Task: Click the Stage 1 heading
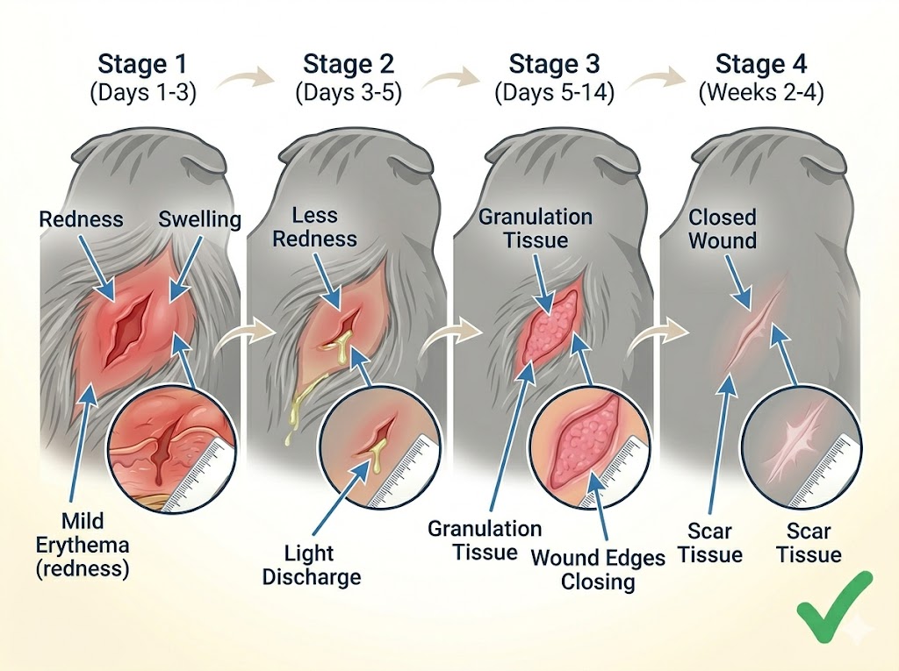tap(143, 64)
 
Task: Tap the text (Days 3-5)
tap(349, 93)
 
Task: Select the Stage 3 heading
tap(554, 64)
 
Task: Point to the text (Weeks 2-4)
tap(760, 93)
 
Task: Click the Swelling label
tap(199, 218)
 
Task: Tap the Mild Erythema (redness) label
tap(83, 544)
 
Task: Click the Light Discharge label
tap(311, 565)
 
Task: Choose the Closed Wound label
tap(722, 228)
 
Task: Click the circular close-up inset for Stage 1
tap(171, 453)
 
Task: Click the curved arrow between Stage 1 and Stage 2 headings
tap(245, 82)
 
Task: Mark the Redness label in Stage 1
tap(82, 218)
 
